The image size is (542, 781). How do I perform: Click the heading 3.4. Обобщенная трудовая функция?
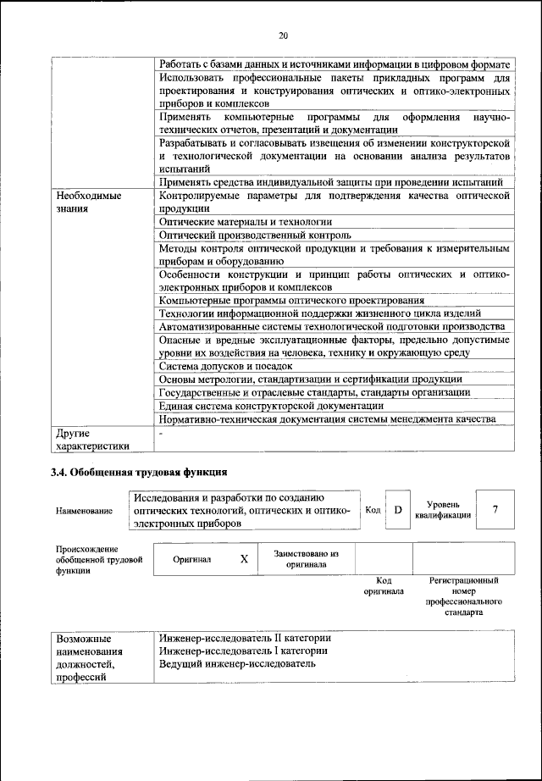pyautogui.click(x=139, y=473)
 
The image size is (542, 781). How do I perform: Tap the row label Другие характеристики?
pyautogui.click(x=92, y=439)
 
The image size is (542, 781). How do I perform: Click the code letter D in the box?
pyautogui.click(x=397, y=509)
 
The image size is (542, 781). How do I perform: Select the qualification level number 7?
pyautogui.click(x=495, y=509)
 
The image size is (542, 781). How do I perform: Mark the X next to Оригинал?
pyautogui.click(x=244, y=559)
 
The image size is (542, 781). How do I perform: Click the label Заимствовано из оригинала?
pyautogui.click(x=306, y=558)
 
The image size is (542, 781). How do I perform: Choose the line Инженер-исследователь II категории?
pyautogui.click(x=245, y=637)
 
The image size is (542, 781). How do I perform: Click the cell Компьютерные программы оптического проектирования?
pyautogui.click(x=291, y=299)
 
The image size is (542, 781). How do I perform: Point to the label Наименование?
pyautogui.click(x=84, y=512)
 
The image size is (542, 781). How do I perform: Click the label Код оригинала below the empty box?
pyautogui.click(x=383, y=585)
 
